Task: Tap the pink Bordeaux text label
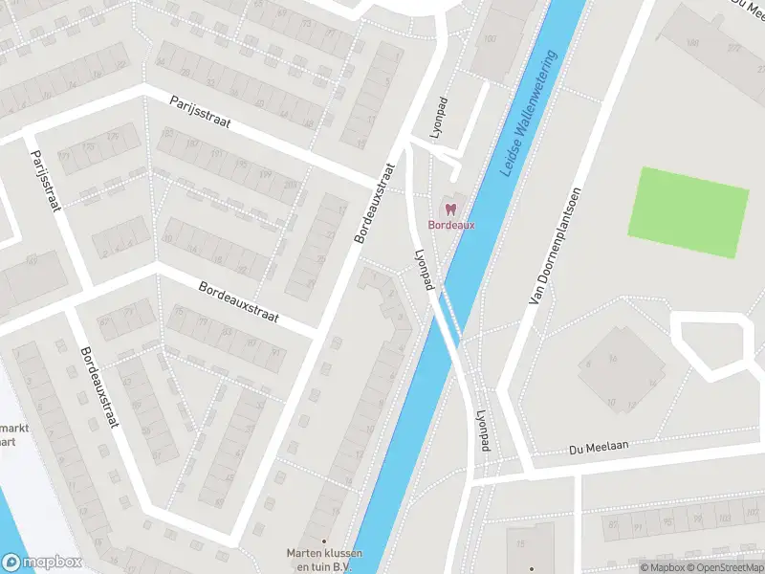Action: pyautogui.click(x=450, y=225)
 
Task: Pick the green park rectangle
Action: pyautogui.click(x=688, y=212)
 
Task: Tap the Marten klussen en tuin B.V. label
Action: pyautogui.click(x=323, y=559)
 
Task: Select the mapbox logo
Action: pyautogui.click(x=41, y=563)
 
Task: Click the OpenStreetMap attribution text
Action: pyautogui.click(x=724, y=567)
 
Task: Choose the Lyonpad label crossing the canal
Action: pyautogui.click(x=425, y=271)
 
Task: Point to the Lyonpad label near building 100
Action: pyautogui.click(x=441, y=119)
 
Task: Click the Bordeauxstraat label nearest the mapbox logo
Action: pyautogui.click(x=98, y=386)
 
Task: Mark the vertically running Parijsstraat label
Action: pyautogui.click(x=45, y=180)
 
